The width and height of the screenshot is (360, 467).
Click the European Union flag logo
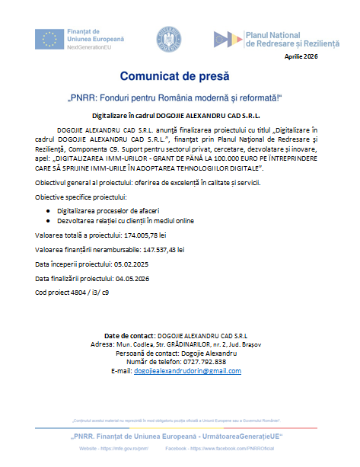(49, 37)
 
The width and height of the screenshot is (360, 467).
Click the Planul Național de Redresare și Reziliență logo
(275, 38)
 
